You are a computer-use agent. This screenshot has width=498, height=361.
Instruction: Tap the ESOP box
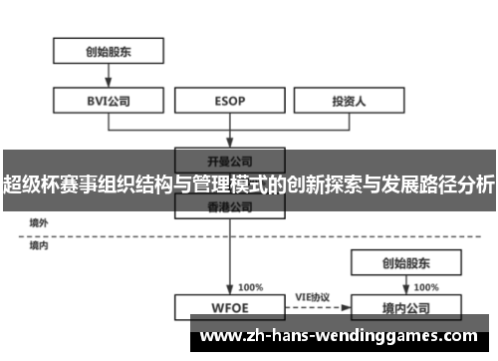coord(230,100)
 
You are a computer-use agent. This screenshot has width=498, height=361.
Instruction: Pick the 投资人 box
coord(350,100)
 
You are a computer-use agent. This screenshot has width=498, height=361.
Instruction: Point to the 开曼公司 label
coord(230,160)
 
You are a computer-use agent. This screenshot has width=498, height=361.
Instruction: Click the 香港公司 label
coord(230,207)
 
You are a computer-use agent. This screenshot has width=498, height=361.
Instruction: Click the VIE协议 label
coord(312,297)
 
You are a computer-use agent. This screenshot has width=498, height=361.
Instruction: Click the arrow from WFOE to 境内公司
coord(312,307)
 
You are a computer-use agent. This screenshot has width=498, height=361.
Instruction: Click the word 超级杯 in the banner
coord(31,184)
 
